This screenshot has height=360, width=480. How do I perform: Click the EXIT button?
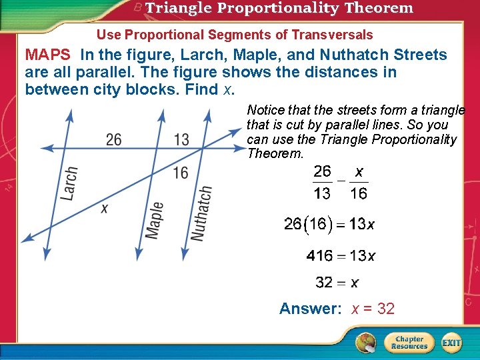pos(451,343)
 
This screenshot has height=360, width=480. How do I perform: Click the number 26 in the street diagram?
pos(114,139)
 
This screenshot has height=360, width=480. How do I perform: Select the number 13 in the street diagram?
pos(181,139)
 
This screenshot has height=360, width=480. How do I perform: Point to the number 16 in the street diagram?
pos(180,173)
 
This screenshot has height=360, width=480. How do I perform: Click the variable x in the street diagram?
pos(104,209)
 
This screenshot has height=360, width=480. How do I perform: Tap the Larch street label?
pos(69,183)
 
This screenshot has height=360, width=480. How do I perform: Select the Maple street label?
pos(154,219)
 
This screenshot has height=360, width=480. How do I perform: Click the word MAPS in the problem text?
pos(47,55)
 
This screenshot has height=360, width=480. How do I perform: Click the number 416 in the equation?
pos(320,256)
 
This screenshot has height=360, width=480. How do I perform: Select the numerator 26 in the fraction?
pos(323,172)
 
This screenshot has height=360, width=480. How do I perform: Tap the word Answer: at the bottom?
pos(310,309)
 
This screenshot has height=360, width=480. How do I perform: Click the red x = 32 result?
pos(373,309)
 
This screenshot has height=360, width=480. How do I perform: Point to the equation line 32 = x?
pos(337,283)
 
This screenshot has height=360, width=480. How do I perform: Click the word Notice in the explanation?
pos(265,110)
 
